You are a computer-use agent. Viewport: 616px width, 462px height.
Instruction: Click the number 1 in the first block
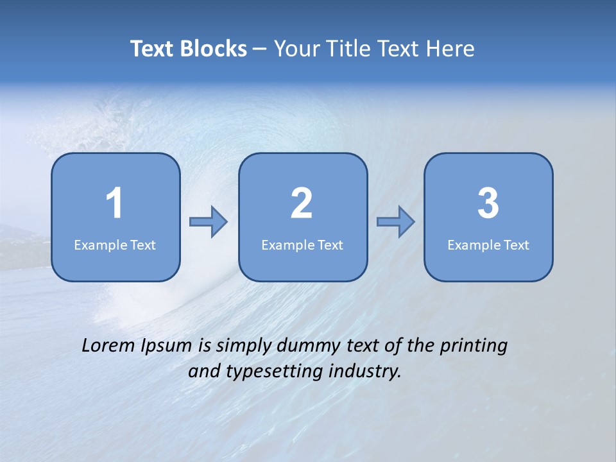coord(115,203)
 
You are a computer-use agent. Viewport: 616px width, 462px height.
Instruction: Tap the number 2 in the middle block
coord(302,203)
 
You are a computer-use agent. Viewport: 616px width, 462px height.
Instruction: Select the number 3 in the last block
coord(488,203)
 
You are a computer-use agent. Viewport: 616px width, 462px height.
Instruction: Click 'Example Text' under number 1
coord(115,245)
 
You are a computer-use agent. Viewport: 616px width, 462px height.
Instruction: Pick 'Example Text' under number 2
coord(302,245)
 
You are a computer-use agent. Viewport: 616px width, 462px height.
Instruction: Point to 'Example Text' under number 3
coord(488,245)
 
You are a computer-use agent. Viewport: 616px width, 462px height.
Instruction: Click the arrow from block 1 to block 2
coord(209,222)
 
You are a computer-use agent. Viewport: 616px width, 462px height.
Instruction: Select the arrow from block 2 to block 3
coord(396,222)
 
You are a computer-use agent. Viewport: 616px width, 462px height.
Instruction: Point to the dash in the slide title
coord(260,49)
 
